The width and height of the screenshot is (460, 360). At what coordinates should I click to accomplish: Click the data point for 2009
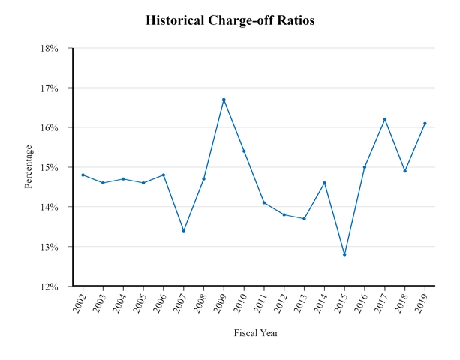[224, 100]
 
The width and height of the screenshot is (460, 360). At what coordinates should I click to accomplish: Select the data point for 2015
[344, 254]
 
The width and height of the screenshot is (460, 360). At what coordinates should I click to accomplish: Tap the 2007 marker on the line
[183, 230]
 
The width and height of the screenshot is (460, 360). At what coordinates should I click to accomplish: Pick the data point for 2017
[385, 119]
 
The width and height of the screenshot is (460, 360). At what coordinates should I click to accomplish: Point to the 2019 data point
[425, 124]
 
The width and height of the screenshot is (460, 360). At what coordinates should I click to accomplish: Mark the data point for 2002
[83, 175]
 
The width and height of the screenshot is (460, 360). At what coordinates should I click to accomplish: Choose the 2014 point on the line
[324, 183]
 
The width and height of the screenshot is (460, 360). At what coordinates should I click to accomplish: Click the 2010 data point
[244, 151]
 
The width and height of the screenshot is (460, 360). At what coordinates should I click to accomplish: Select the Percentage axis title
[29, 167]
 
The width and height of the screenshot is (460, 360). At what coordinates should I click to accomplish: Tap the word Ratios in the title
[296, 20]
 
